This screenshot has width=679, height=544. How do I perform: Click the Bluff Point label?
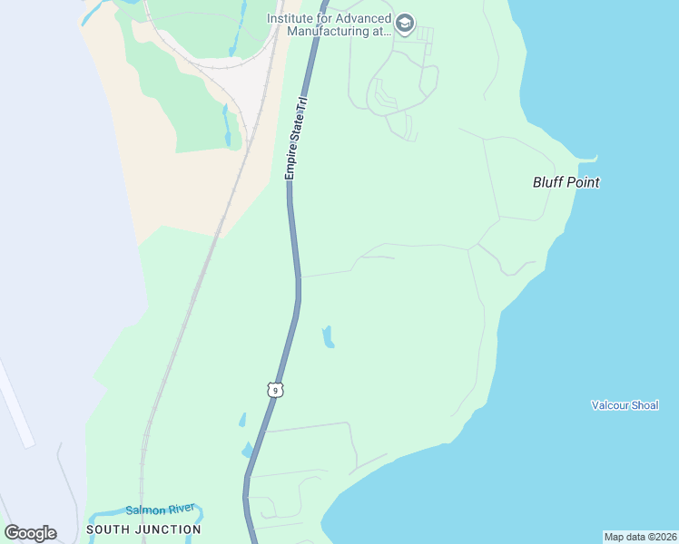tap(566, 182)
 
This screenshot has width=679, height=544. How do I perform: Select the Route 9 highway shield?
tap(276, 389)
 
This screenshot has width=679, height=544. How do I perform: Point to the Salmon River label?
tap(160, 510)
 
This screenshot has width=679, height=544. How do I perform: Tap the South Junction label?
tap(143, 529)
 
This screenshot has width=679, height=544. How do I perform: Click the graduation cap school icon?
tap(406, 23)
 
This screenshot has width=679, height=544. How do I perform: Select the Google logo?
tap(30, 533)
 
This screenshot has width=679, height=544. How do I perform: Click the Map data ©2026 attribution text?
tap(640, 537)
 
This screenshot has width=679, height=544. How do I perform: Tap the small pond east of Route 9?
tap(328, 336)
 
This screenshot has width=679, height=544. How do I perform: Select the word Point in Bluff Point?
tap(583, 182)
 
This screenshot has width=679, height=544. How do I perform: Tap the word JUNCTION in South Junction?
tap(169, 529)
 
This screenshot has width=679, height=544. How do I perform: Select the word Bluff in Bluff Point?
tap(547, 182)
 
